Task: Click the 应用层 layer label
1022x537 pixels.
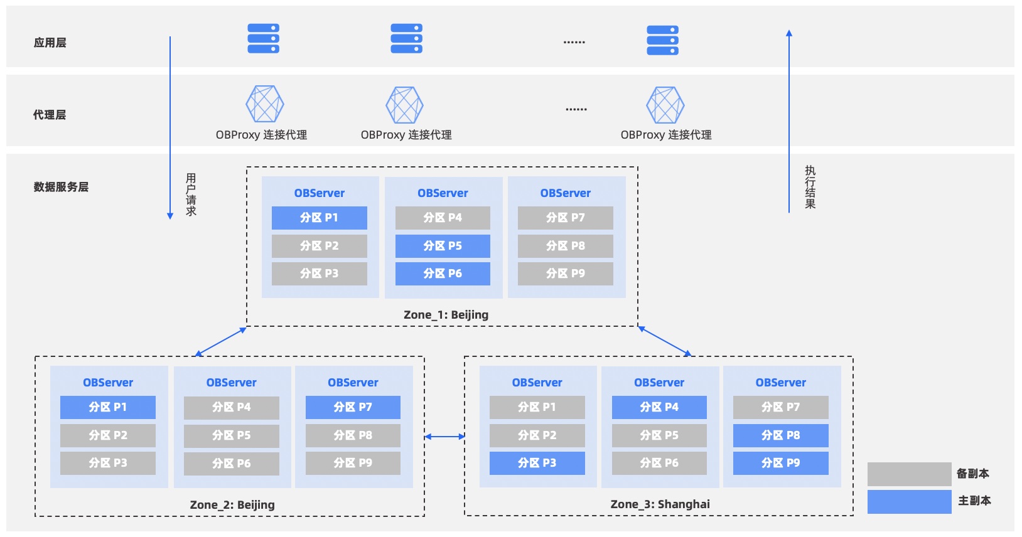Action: [50, 43]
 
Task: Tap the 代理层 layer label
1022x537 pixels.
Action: [49, 115]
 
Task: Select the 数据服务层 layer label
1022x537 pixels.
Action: [61, 187]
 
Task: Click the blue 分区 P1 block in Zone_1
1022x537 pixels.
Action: [320, 218]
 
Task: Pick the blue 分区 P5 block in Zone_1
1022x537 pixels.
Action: [443, 246]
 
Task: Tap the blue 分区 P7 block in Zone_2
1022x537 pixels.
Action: [353, 407]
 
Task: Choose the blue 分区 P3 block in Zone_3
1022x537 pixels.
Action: [537, 463]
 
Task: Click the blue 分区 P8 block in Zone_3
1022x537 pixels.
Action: [781, 435]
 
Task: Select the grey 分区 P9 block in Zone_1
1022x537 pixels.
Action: [565, 274]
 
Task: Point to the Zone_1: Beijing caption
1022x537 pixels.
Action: [446, 315]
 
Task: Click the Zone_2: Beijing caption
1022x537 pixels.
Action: [232, 504]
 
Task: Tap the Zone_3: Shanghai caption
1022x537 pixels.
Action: [660, 504]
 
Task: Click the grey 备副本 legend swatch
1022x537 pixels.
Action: [909, 474]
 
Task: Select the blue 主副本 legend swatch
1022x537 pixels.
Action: [909, 501]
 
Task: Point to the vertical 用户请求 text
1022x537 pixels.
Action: [191, 194]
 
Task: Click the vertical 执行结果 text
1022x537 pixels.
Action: [810, 188]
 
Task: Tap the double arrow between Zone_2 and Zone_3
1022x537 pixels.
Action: [445, 437]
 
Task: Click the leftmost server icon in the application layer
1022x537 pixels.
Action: [263, 38]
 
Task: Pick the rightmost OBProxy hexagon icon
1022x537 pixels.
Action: [665, 105]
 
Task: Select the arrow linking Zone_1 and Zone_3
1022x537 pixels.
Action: [665, 341]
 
